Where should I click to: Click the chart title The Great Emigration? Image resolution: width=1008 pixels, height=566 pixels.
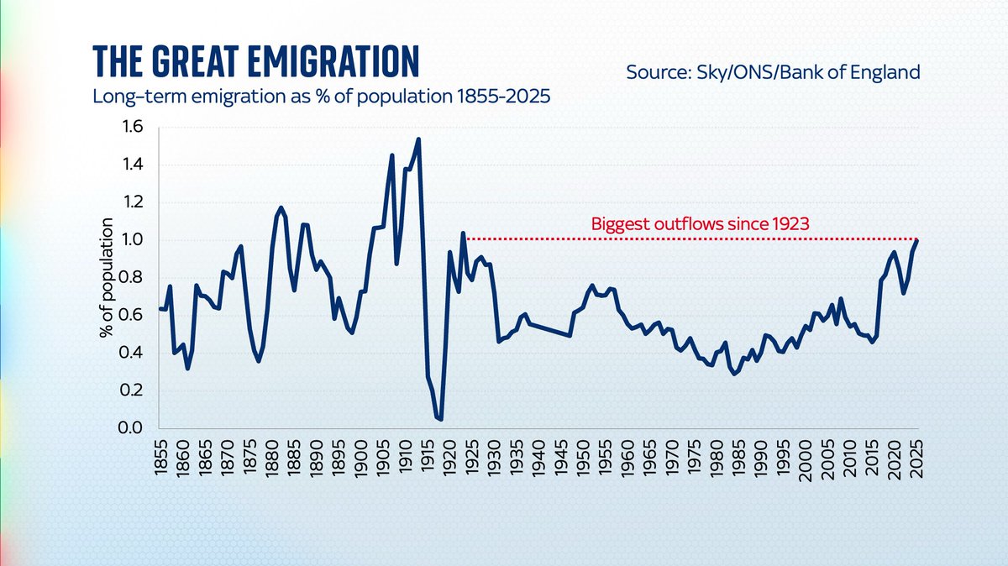pyautogui.click(x=256, y=62)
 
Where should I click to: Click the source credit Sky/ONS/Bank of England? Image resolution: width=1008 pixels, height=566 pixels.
pyautogui.click(x=773, y=72)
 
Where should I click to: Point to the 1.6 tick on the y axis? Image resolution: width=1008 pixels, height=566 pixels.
pyautogui.click(x=133, y=127)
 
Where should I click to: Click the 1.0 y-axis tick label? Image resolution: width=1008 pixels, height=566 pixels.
pyautogui.click(x=133, y=240)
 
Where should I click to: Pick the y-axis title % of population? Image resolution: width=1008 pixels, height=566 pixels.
pyautogui.click(x=108, y=277)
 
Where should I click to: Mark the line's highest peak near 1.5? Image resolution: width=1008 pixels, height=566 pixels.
pyautogui.click(x=418, y=139)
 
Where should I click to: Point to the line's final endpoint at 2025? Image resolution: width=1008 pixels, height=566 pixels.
pyautogui.click(x=916, y=241)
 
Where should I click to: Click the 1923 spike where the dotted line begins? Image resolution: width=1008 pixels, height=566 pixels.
pyautogui.click(x=463, y=233)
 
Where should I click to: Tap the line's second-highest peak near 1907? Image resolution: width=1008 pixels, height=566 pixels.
pyautogui.click(x=391, y=155)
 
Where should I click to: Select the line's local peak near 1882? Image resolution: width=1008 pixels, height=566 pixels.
pyautogui.click(x=281, y=207)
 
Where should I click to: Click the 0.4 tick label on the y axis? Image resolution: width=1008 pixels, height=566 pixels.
pyautogui.click(x=133, y=353)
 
